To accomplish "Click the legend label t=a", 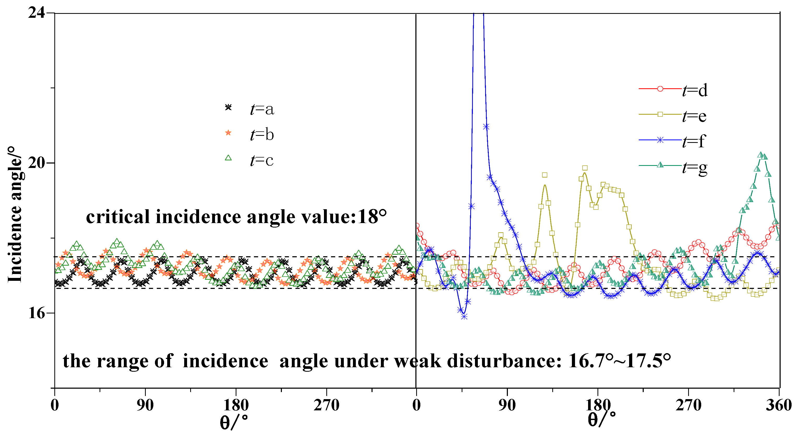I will [x=262, y=109].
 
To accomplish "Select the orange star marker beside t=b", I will [x=228, y=133].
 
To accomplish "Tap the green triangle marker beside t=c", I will [x=228, y=158].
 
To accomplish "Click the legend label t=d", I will [x=695, y=91].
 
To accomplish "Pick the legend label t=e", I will [x=694, y=116].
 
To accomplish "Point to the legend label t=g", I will [x=695, y=168].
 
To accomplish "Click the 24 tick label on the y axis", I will [x=36, y=13].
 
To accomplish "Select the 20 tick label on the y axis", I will [x=36, y=163].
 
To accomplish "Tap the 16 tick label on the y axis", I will [x=36, y=313].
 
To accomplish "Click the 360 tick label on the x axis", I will [x=779, y=405].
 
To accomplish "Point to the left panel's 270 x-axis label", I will [x=326, y=405].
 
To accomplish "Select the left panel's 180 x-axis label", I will [x=236, y=405].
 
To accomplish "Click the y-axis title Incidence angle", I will [x=15, y=214].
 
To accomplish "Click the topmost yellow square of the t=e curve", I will [x=585, y=168].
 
